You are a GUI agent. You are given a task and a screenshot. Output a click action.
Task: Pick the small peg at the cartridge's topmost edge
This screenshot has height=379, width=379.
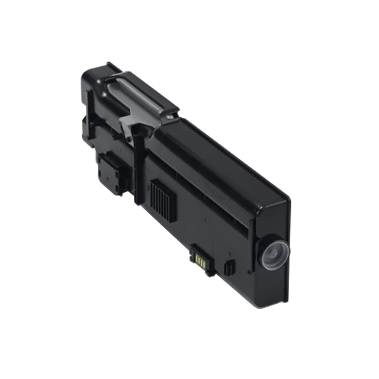coord(110,63)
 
